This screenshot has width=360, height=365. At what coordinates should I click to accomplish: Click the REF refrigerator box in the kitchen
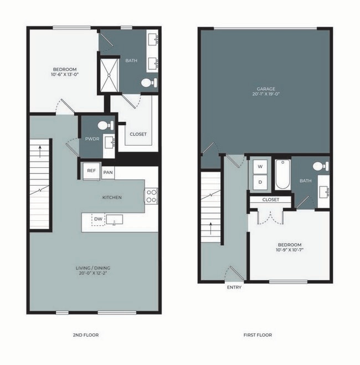pyautogui.click(x=91, y=171)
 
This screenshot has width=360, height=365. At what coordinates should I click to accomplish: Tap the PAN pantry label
pyautogui.click(x=108, y=172)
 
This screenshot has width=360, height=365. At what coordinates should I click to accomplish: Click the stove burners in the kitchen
pyautogui.click(x=151, y=196)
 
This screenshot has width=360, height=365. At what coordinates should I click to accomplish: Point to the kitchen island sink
pyautogui.click(x=115, y=220)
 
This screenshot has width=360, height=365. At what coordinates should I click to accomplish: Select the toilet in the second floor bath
pyautogui.click(x=147, y=84)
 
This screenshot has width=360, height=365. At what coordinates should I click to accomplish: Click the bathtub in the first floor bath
pyautogui.click(x=282, y=174)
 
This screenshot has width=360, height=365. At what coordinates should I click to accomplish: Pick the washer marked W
pyautogui.click(x=260, y=167)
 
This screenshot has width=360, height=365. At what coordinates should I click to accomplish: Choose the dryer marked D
pyautogui.click(x=260, y=182)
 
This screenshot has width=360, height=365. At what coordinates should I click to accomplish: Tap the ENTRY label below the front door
pyautogui.click(x=234, y=287)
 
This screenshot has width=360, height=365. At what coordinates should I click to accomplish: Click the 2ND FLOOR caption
pyautogui.click(x=86, y=335)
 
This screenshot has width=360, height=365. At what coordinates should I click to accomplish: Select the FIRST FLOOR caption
pyautogui.click(x=258, y=335)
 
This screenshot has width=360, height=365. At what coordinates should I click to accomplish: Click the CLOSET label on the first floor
pyautogui.click(x=271, y=199)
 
